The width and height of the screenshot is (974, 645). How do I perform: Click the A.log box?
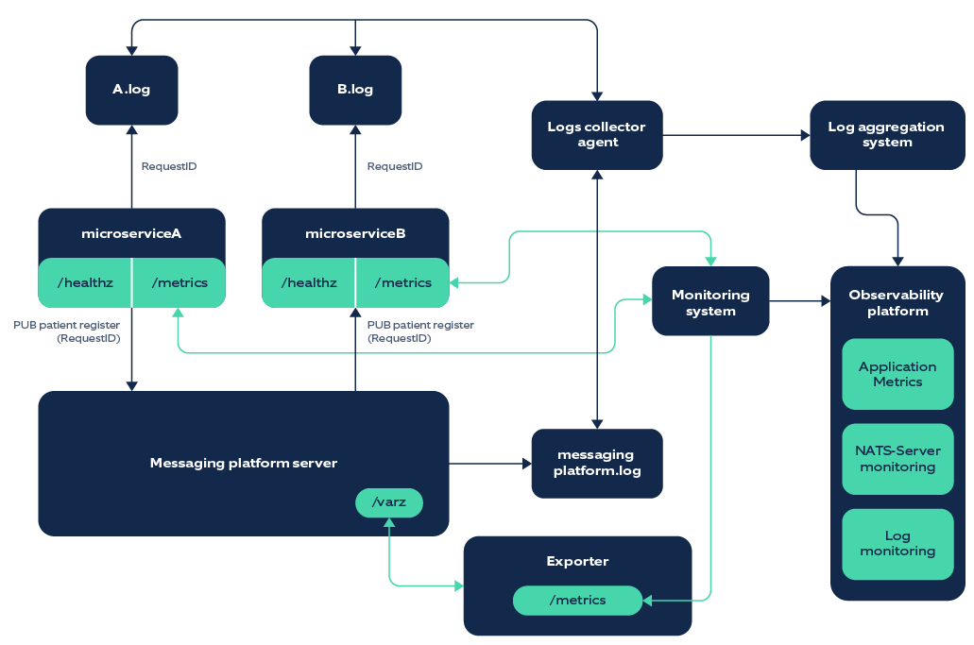[x=131, y=90]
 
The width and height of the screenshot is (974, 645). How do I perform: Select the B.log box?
[x=355, y=90]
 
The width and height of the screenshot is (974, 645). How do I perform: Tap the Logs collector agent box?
[x=596, y=134]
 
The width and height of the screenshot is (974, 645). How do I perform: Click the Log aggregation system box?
[x=886, y=134]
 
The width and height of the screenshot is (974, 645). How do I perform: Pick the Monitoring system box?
[x=710, y=302]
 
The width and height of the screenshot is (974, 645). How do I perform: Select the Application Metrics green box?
[x=897, y=374]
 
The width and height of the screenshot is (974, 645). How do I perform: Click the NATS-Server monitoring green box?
[x=897, y=459]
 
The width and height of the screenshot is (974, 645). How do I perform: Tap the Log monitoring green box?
[x=897, y=544]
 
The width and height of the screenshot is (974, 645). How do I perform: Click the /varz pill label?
[x=389, y=502]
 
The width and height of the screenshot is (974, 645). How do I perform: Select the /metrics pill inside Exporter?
[x=577, y=600]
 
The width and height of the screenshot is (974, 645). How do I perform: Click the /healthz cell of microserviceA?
[x=83, y=282]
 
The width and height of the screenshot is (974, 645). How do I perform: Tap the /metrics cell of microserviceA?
[x=179, y=282]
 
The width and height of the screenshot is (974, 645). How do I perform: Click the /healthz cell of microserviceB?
[x=308, y=282]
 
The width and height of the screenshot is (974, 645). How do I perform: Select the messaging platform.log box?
[x=596, y=463]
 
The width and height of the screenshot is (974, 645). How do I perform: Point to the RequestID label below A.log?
[x=169, y=166]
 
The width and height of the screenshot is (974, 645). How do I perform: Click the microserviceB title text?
[x=355, y=233]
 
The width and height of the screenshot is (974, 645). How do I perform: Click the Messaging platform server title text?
[x=243, y=463]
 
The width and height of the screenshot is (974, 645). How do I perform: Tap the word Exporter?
[x=577, y=561]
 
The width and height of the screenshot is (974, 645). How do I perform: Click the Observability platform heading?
[x=896, y=302]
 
